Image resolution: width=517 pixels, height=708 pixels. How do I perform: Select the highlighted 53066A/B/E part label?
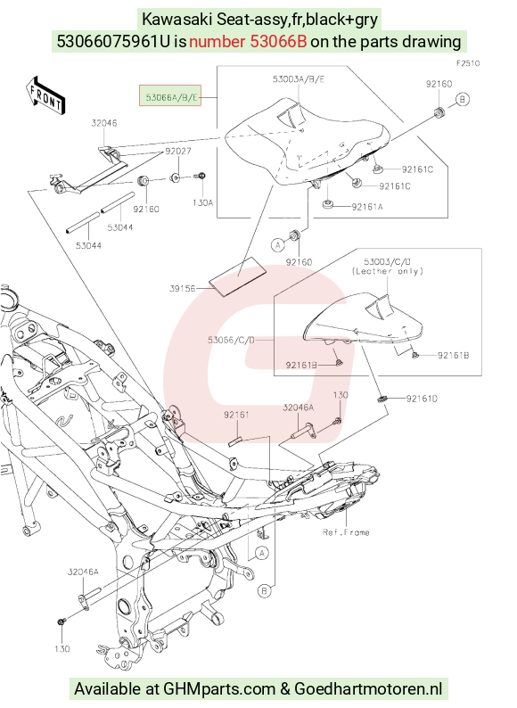tap(169, 95)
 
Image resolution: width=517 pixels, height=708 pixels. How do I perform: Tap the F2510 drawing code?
tap(468, 63)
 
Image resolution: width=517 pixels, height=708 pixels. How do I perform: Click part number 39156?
tap(183, 289)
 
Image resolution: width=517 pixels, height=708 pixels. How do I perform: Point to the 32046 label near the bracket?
tap(104, 123)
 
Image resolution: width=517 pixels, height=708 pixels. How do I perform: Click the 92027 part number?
tap(177, 151)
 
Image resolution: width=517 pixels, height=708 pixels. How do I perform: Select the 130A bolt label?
tap(202, 202)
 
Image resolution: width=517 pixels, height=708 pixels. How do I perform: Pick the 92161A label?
tap(367, 207)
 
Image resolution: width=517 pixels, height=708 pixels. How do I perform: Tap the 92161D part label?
tap(422, 399)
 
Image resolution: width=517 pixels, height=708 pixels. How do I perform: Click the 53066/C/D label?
tap(231, 339)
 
